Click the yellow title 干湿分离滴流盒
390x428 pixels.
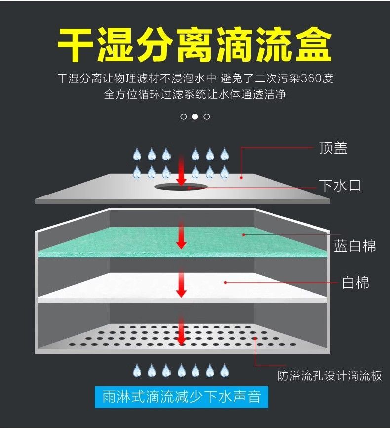pyautogui.click(x=195, y=45)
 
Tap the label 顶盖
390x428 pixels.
pyautogui.click(x=333, y=148)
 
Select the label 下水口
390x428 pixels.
pyautogui.click(x=340, y=186)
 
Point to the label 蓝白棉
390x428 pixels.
pyautogui.click(x=355, y=246)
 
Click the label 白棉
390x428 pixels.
pyautogui.click(x=355, y=283)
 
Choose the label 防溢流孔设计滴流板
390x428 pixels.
pyautogui.click(x=330, y=376)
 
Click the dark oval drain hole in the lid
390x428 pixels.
pyautogui.click(x=181, y=187)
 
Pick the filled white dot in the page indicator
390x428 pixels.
pyautogui.click(x=195, y=117)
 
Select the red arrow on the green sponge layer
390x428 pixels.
pyautogui.click(x=181, y=235)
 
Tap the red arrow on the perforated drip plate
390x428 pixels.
pyautogui.click(x=181, y=331)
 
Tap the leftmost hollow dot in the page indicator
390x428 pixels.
pyautogui.click(x=184, y=117)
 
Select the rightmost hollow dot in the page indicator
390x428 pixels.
pyautogui.click(x=207, y=117)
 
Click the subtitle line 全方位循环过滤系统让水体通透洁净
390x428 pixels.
pyautogui.click(x=195, y=94)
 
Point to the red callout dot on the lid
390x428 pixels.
pyautogui.click(x=241, y=176)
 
